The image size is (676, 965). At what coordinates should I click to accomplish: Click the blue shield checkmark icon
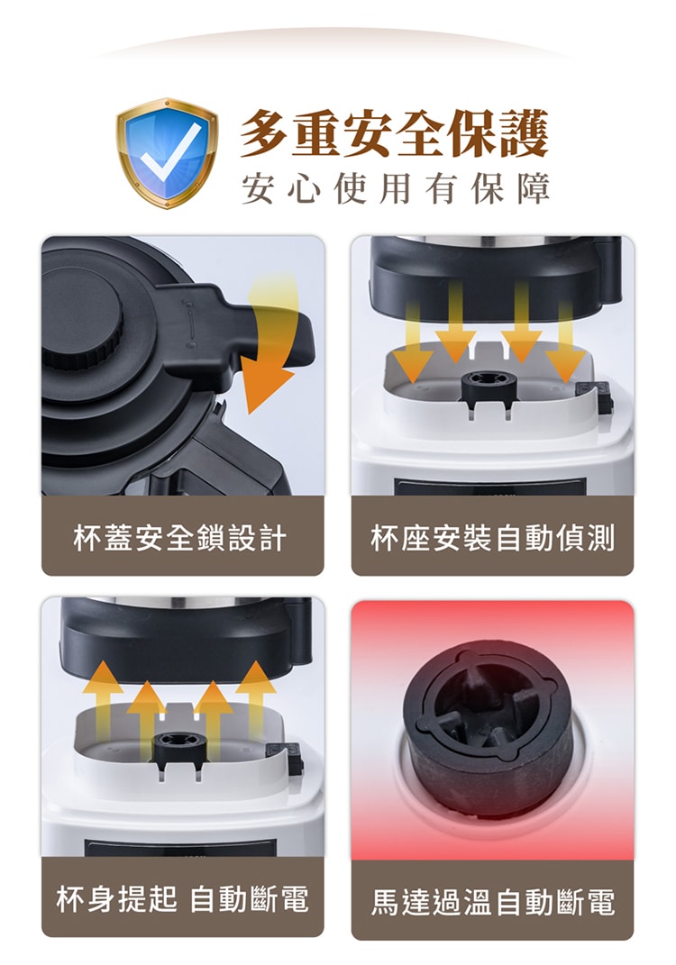pos(167,153)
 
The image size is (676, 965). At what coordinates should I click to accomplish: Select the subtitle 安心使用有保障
pos(394,188)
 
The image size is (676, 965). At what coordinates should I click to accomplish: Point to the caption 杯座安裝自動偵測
pos(492,538)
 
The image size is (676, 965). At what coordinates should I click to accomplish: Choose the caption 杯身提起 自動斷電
pos(182,898)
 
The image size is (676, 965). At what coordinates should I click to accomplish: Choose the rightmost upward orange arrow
pos(256,698)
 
